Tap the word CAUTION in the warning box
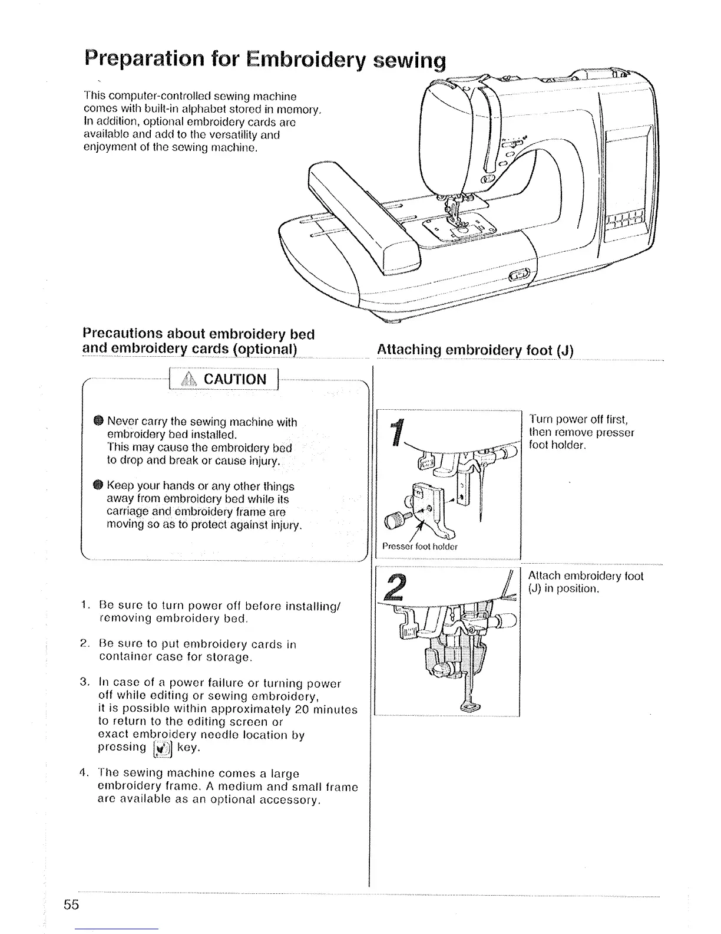(x=234, y=379)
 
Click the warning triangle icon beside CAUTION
(x=190, y=379)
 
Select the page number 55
(x=72, y=905)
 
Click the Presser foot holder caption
(x=419, y=547)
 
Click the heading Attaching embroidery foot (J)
(x=475, y=350)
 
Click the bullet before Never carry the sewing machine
(x=99, y=421)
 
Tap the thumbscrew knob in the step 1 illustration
(x=394, y=519)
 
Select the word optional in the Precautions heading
(x=263, y=348)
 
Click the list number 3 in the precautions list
(x=84, y=683)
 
